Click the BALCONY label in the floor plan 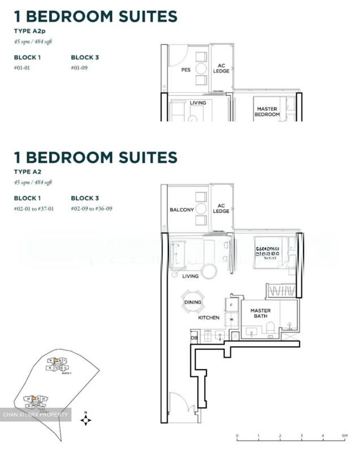[182, 210]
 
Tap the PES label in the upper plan [186, 70]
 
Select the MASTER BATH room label [260, 313]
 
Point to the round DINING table [193, 302]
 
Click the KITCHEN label [209, 318]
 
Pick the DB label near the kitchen [194, 338]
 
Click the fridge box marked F [231, 305]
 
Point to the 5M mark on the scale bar [345, 436]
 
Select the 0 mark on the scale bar [237, 436]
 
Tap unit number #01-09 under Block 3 [79, 68]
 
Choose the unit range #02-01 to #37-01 [34, 209]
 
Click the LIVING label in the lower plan [190, 276]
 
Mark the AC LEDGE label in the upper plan [221, 68]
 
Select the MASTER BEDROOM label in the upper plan [267, 111]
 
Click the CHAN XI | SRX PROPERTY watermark [35, 415]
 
